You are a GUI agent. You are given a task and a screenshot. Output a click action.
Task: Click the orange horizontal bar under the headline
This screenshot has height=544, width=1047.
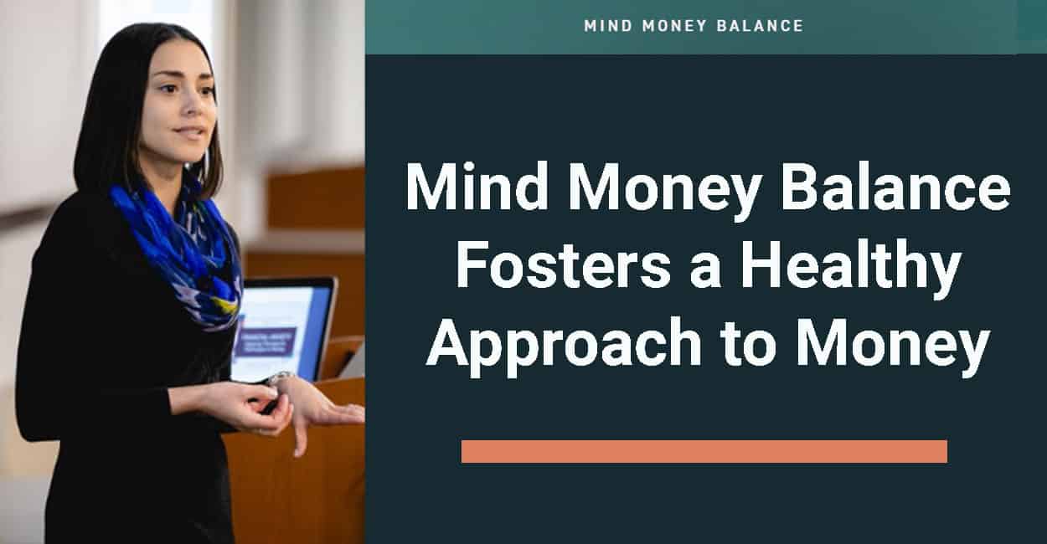click(704, 451)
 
